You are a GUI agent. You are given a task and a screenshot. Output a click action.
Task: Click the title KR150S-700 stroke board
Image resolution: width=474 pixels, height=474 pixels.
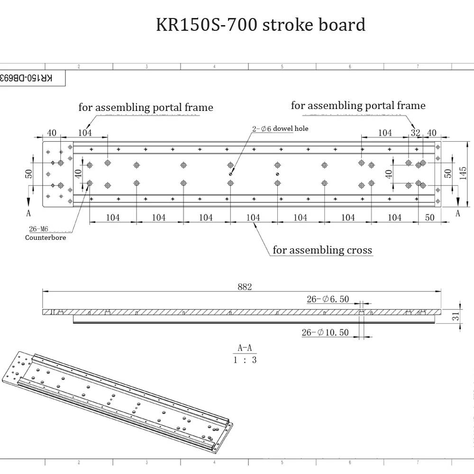coord(261,24)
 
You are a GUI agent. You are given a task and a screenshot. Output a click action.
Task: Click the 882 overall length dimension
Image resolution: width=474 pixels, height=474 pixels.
coord(245,286)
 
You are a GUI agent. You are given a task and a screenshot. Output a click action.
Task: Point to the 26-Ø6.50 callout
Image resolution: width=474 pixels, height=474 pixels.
coord(328,299)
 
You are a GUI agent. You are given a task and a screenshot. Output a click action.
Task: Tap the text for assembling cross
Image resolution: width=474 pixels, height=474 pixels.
coord(322,250)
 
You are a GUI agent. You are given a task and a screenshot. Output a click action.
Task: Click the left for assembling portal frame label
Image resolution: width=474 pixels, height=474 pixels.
coord(146,108)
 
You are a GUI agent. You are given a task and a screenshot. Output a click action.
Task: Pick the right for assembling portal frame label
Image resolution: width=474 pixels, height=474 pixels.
coord(358,105)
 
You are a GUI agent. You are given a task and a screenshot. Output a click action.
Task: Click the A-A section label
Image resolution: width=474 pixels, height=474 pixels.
coord(245,348)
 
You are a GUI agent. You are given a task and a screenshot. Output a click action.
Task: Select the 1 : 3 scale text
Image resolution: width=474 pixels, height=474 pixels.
coord(245,360)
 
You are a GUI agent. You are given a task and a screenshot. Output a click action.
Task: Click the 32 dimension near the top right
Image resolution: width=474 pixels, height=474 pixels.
coord(416,133)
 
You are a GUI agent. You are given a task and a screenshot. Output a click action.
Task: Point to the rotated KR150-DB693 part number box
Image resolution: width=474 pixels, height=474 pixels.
coord(30,78)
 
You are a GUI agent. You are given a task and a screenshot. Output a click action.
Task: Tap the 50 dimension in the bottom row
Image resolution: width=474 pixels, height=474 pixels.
coord(430,217)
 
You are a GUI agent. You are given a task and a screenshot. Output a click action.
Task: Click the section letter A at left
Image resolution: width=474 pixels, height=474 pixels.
coord(28,213)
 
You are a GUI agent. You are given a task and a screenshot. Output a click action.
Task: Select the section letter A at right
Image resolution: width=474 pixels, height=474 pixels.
coord(458,213)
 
